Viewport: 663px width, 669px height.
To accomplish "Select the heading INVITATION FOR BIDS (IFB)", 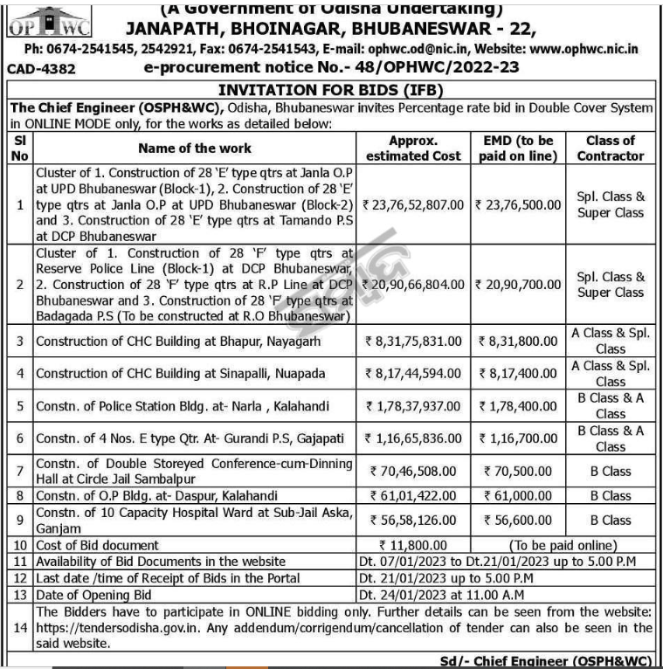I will (331, 90).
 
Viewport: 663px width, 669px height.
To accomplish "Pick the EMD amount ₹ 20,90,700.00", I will (516, 285).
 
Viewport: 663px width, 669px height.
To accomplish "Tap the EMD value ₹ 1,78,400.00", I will (516, 406).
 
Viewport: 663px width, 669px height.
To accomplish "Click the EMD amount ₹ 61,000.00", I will (516, 495).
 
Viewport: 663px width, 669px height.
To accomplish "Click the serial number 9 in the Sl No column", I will (20, 520).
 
